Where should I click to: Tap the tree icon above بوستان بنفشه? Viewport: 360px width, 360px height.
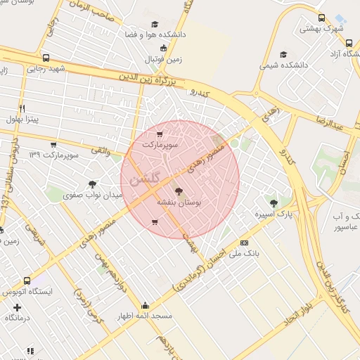178,191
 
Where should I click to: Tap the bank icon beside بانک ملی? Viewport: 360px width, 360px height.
244,243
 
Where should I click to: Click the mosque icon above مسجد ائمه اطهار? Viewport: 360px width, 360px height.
146,305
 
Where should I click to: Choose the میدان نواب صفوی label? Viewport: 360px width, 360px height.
98,195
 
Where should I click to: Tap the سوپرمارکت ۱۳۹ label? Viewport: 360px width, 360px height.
53,153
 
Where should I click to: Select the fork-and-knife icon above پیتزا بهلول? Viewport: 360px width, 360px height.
22,108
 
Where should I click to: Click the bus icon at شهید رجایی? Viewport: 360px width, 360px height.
46,58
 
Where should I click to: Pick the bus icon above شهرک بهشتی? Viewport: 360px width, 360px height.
321,18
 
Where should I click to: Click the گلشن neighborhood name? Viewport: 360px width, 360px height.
146,177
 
